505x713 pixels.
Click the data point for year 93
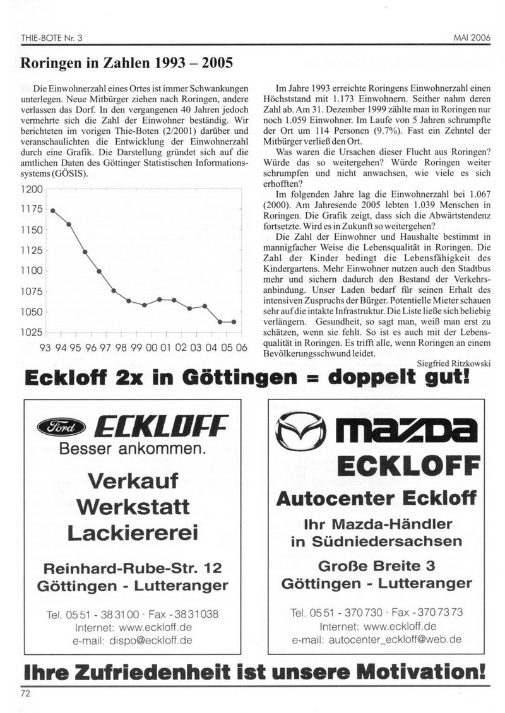tap(52, 211)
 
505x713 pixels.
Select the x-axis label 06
tap(242, 348)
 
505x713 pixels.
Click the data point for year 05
tap(234, 322)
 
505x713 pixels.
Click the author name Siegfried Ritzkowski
tap(449, 363)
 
